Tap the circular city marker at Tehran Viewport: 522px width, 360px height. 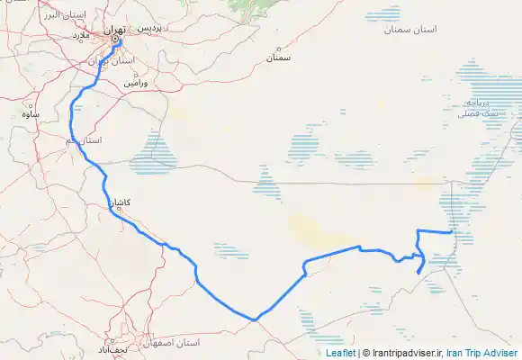115,39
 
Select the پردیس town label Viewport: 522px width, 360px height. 149,28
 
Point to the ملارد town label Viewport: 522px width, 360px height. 81,35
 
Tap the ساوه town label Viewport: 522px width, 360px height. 32,115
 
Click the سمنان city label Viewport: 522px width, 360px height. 278,58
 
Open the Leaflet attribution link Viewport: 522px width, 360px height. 339,354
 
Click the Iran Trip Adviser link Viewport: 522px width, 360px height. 484,354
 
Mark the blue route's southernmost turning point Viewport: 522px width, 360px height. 256,319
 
